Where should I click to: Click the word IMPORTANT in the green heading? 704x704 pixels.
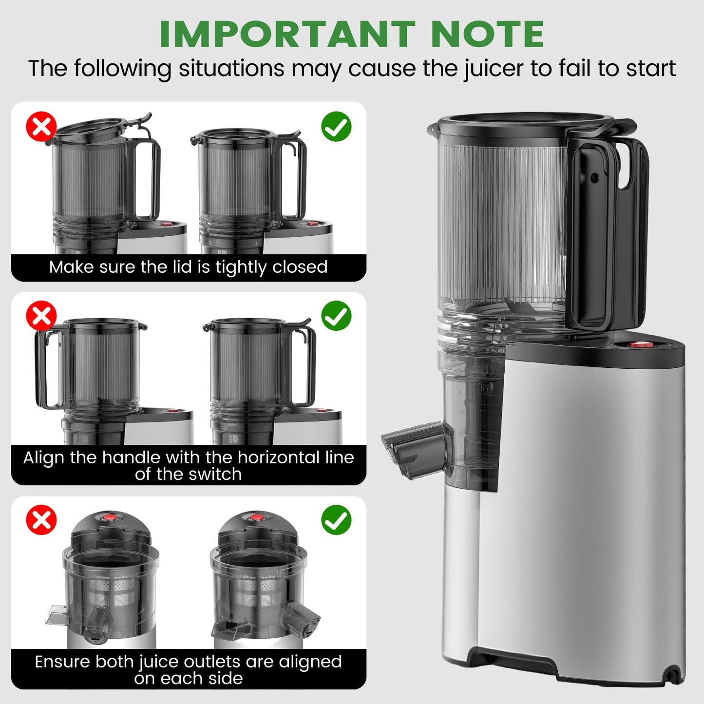click(x=287, y=34)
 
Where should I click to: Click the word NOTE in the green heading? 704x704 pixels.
click(x=488, y=34)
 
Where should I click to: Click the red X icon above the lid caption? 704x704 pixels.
click(x=41, y=126)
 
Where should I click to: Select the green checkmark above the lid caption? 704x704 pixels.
click(x=336, y=126)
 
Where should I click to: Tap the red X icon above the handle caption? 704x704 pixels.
click(x=41, y=316)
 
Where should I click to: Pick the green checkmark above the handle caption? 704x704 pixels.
click(x=336, y=316)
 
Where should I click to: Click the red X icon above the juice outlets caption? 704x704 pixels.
click(x=41, y=520)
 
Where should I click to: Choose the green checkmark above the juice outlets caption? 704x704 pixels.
click(x=336, y=520)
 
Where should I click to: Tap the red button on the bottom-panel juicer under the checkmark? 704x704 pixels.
click(x=257, y=517)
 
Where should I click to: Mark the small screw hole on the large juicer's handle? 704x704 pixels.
click(x=594, y=178)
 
